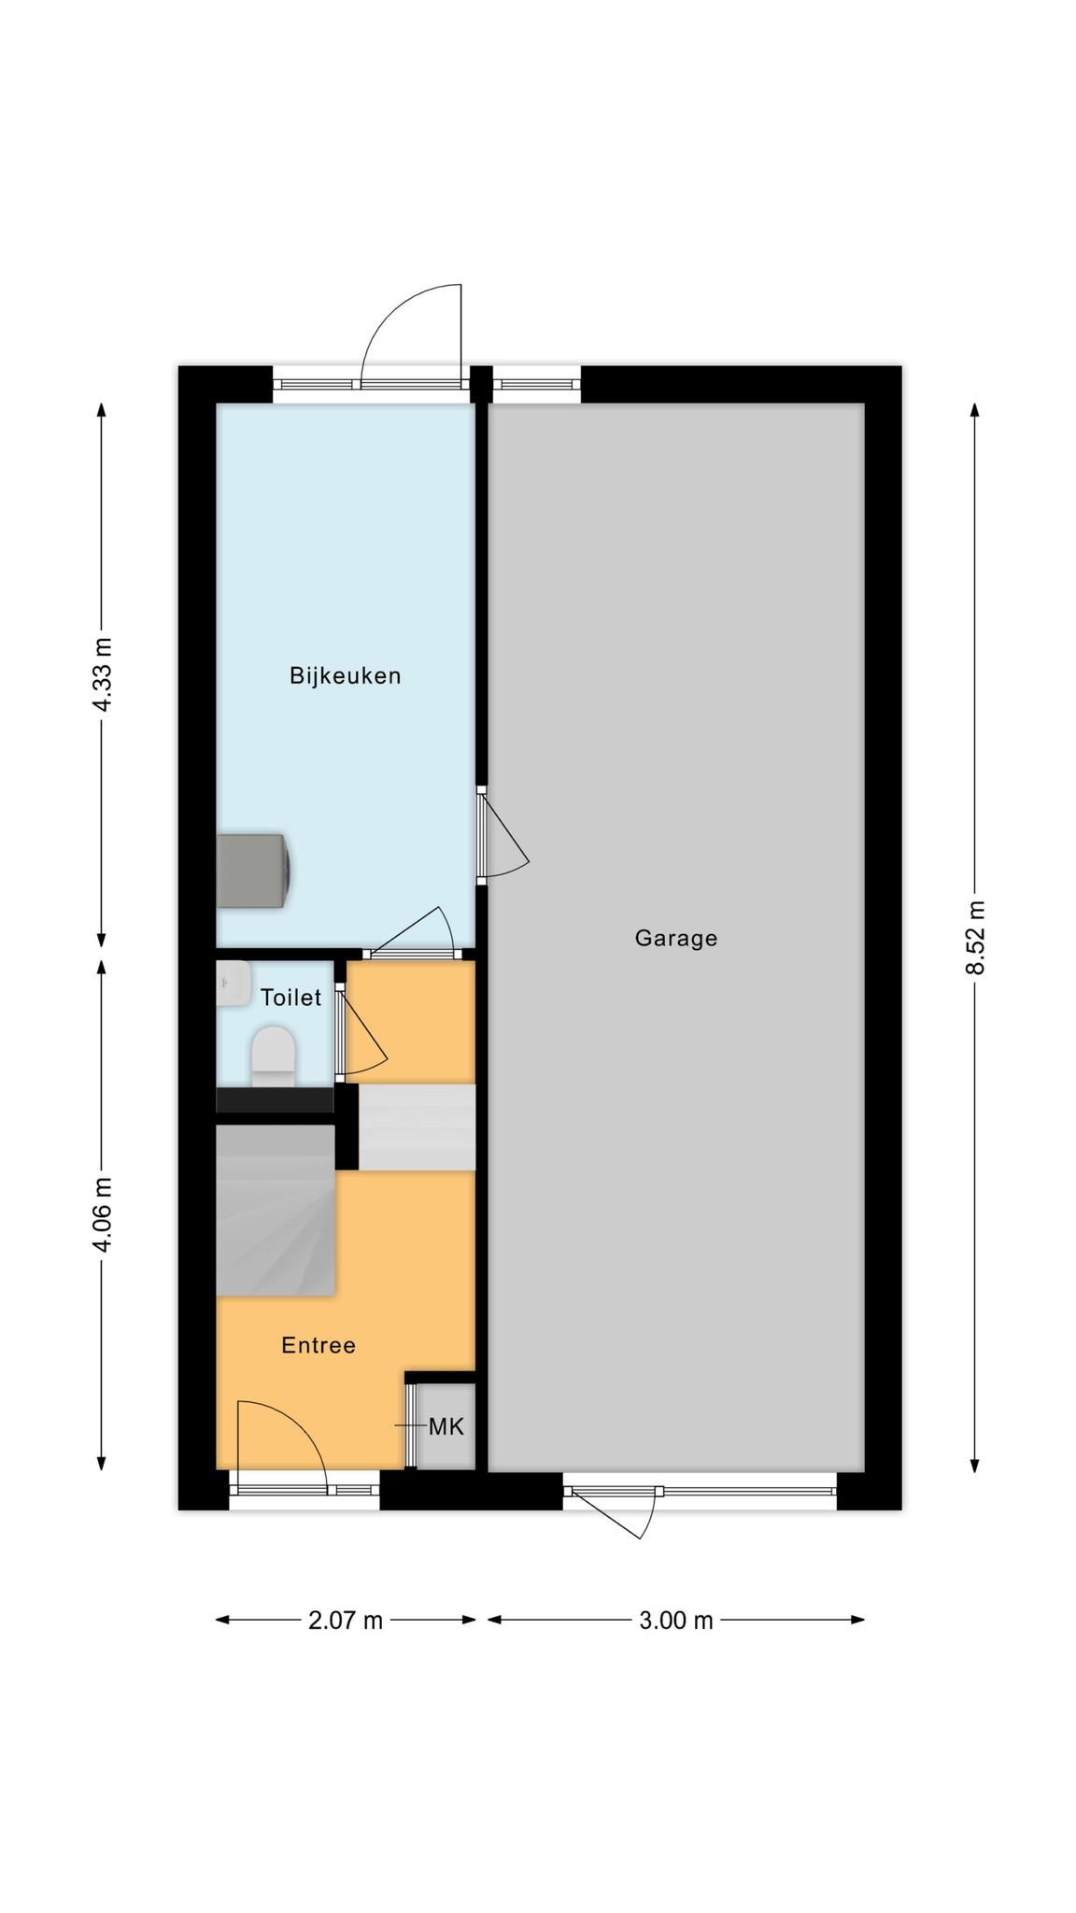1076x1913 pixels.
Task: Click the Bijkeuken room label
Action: coord(345,675)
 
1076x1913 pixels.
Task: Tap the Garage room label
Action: coord(676,938)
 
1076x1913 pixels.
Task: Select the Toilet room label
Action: coord(290,998)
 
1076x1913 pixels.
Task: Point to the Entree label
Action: coord(319,1345)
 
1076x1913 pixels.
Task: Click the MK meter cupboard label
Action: coord(446,1426)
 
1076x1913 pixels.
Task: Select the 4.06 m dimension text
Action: coord(102,1214)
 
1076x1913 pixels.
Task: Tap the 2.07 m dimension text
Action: coord(346,1621)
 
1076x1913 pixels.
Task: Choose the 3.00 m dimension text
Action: coord(676,1621)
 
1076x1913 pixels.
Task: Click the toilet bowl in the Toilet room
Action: coord(274,1056)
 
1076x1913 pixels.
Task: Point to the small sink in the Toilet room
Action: coord(233,983)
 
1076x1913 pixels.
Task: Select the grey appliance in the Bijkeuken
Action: coord(252,871)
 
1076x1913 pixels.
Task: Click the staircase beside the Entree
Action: coord(276,1211)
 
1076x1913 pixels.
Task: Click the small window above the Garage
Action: coord(536,384)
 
